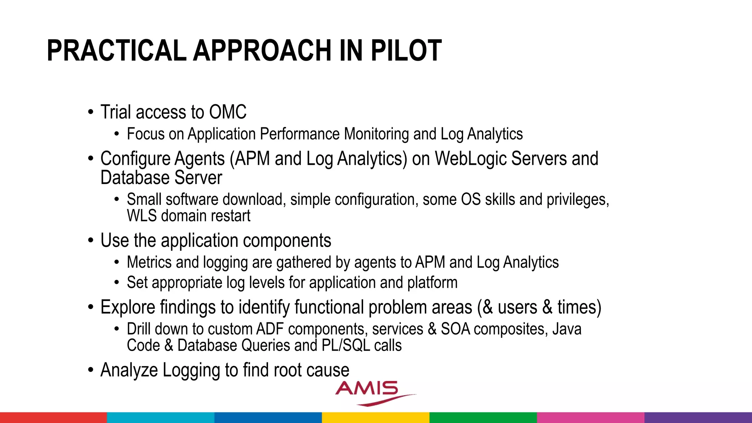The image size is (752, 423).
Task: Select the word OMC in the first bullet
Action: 228,112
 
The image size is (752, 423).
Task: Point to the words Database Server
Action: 161,178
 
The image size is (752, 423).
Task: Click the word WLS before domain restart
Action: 142,216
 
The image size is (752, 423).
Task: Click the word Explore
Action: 127,307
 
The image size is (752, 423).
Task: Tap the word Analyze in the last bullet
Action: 129,370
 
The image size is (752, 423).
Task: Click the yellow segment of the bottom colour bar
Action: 376,417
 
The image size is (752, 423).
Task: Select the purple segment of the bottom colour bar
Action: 698,417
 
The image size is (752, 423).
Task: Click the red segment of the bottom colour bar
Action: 53,417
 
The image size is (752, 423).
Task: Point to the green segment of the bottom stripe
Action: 483,417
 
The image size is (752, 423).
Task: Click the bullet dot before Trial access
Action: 91,112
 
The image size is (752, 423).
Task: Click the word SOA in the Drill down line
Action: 455,329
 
